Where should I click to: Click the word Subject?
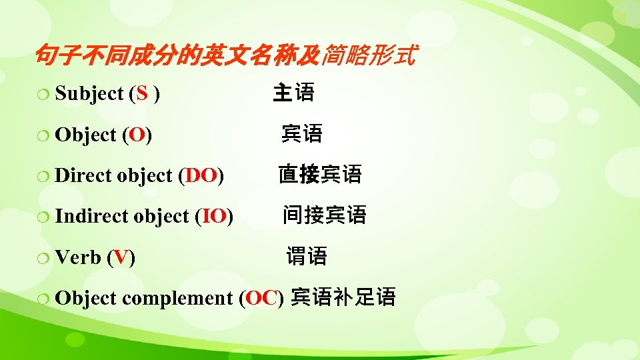pos(89,94)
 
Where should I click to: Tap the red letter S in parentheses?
pos(141,94)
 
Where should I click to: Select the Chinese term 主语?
pos(293,93)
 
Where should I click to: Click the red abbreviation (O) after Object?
pos(137,135)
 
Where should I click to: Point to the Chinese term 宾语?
pos(302,134)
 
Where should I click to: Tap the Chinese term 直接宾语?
pos(320,175)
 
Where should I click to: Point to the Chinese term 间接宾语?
pos(324,215)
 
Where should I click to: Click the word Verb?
pos(78,257)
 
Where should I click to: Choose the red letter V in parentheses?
pos(121,257)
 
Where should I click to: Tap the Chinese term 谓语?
pos(307,255)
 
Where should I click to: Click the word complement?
pos(177,298)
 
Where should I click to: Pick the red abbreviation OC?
pos(261,297)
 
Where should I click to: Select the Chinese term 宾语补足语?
pos(343,297)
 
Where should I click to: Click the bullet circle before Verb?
pos(45,258)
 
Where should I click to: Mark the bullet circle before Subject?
pos(45,95)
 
